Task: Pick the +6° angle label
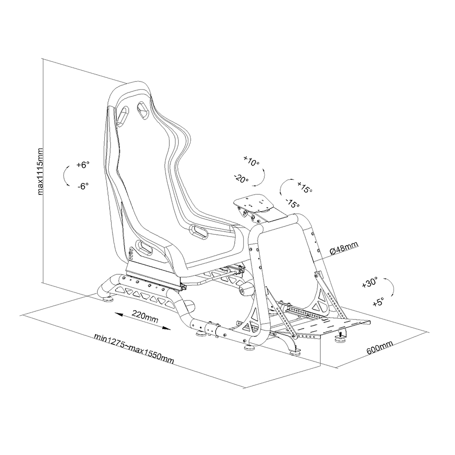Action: click(84, 165)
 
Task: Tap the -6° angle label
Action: click(83, 186)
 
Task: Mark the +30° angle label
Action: click(370, 283)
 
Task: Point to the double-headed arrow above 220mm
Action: click(143, 321)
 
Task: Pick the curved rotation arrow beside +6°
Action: click(66, 176)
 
